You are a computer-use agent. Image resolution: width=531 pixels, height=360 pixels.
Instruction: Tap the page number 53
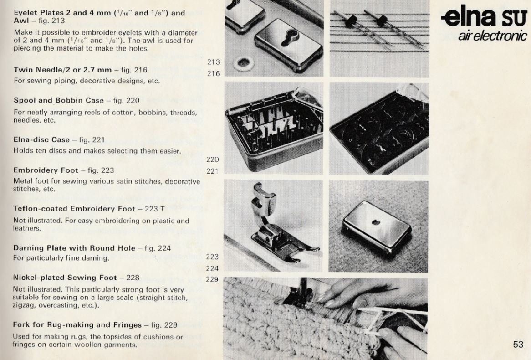click(518, 345)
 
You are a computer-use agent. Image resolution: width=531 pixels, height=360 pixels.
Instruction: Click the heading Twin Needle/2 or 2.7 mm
click(62, 70)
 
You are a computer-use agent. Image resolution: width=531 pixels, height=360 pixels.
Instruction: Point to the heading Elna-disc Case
click(42, 139)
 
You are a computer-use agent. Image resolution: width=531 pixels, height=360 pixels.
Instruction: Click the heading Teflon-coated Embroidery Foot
click(74, 209)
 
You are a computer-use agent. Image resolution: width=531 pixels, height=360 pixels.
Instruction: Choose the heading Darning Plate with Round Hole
click(74, 248)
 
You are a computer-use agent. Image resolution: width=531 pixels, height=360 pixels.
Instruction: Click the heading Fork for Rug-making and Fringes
click(77, 325)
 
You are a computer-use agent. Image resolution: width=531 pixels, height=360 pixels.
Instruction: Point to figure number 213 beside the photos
click(213, 62)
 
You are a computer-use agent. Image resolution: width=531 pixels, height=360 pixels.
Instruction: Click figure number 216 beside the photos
click(213, 73)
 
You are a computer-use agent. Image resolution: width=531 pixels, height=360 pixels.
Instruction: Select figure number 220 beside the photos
click(213, 159)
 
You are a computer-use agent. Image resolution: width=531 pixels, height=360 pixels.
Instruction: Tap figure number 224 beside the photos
click(213, 268)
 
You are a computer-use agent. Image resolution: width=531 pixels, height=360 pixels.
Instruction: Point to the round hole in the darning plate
click(376, 222)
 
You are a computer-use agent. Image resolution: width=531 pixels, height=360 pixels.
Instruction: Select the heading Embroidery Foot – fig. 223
click(64, 170)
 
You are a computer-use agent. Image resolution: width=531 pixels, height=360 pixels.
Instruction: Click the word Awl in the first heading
click(21, 21)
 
